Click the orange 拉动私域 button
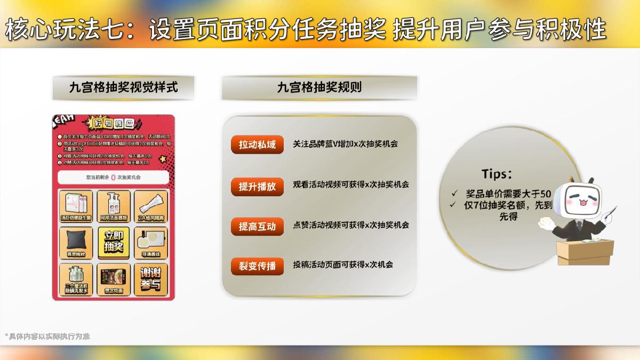click(257, 145)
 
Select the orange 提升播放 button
click(257, 186)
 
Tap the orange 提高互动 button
click(257, 226)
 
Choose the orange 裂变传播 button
click(257, 266)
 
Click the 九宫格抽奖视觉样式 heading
click(123, 87)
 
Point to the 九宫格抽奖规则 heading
click(319, 87)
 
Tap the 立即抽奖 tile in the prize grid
click(114, 242)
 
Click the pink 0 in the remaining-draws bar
click(113, 178)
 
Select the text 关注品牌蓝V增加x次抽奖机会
click(345, 144)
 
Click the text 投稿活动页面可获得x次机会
click(343, 264)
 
